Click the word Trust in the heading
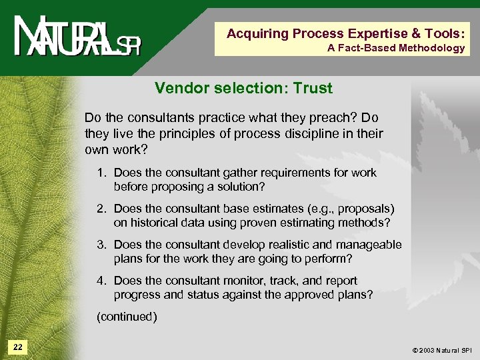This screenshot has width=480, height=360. pyautogui.click(x=311, y=88)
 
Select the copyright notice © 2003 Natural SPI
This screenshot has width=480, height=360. pyautogui.click(x=433, y=349)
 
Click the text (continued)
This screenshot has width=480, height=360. pyautogui.click(x=127, y=317)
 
